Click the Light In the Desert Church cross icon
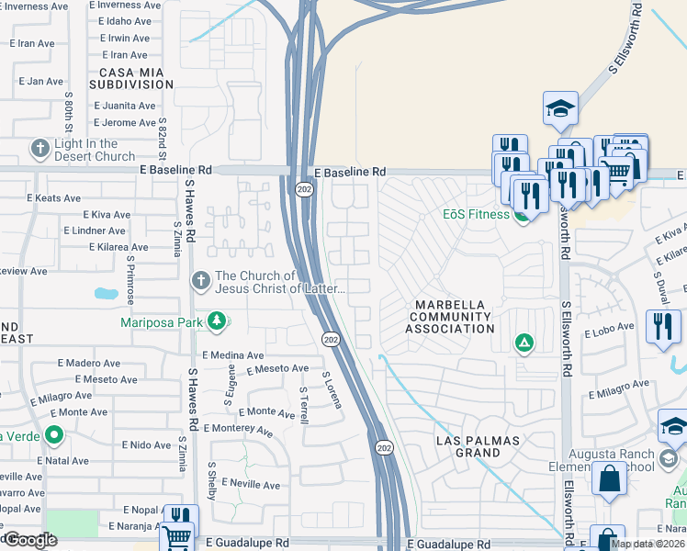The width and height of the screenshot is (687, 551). pyautogui.click(x=39, y=148)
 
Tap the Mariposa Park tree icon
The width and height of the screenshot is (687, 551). pyautogui.click(x=217, y=320)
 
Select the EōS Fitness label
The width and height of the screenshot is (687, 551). pyautogui.click(x=475, y=215)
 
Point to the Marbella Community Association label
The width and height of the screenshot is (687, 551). pyautogui.click(x=452, y=316)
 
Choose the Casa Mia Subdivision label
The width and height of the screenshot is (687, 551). pyautogui.click(x=131, y=78)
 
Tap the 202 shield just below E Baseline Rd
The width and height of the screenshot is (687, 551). pyautogui.click(x=304, y=189)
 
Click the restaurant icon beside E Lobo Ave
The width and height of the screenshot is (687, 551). pyautogui.click(x=662, y=327)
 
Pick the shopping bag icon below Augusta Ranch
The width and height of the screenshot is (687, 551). pyautogui.click(x=610, y=478)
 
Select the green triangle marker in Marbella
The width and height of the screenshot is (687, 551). pyautogui.click(x=524, y=343)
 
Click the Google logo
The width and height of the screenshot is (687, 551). pyautogui.click(x=30, y=540)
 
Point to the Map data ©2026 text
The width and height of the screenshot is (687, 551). pyautogui.click(x=648, y=544)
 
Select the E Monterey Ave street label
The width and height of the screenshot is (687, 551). pyautogui.click(x=238, y=429)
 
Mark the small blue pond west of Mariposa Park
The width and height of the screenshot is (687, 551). pyautogui.click(x=106, y=295)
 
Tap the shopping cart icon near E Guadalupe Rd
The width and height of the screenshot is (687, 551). pyautogui.click(x=176, y=536)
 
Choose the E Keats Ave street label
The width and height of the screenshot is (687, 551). pyautogui.click(x=54, y=197)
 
